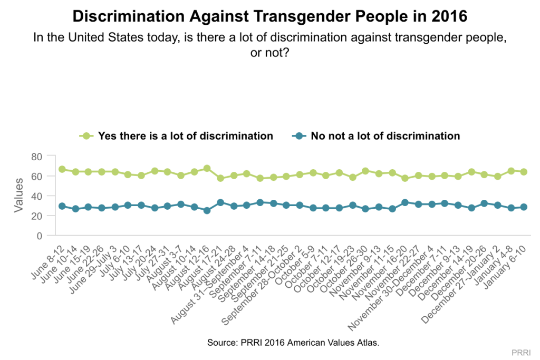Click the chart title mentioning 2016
[x=270, y=16]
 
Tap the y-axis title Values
[x=19, y=195]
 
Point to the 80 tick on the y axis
[x=36, y=156]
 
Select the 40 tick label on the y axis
[x=36, y=196]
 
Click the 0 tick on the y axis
[x=39, y=236]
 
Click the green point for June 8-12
[x=62, y=169]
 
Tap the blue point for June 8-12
[x=62, y=206]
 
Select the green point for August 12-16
[x=207, y=169]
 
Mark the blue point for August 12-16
[x=207, y=210]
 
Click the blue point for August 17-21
[x=220, y=202]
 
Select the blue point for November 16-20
[x=405, y=202]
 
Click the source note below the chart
[x=293, y=342]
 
